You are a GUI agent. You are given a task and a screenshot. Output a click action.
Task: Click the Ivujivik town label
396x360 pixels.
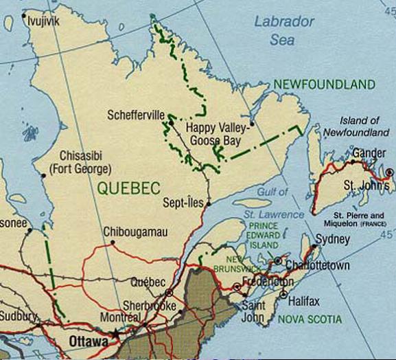(43, 22)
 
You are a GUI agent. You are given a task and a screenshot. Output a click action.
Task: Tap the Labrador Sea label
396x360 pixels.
(283, 30)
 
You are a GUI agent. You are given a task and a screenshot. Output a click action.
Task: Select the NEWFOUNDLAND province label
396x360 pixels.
(324, 85)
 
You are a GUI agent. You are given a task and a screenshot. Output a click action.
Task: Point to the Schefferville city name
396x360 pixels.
(137, 115)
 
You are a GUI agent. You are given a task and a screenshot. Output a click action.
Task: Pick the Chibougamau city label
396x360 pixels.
(135, 233)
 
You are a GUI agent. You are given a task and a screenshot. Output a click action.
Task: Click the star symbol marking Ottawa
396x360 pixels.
(116, 334)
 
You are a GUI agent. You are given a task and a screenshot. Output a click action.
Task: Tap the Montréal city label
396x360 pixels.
(120, 318)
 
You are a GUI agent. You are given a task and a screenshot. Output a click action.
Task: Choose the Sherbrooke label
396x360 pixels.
(150, 305)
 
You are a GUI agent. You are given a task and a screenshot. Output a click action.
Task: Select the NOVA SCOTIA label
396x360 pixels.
(310, 319)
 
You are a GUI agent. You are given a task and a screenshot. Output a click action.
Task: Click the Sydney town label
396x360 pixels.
(333, 239)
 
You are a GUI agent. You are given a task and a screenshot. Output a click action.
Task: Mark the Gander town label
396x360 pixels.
(369, 153)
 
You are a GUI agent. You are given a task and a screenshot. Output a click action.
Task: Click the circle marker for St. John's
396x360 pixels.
(389, 172)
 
